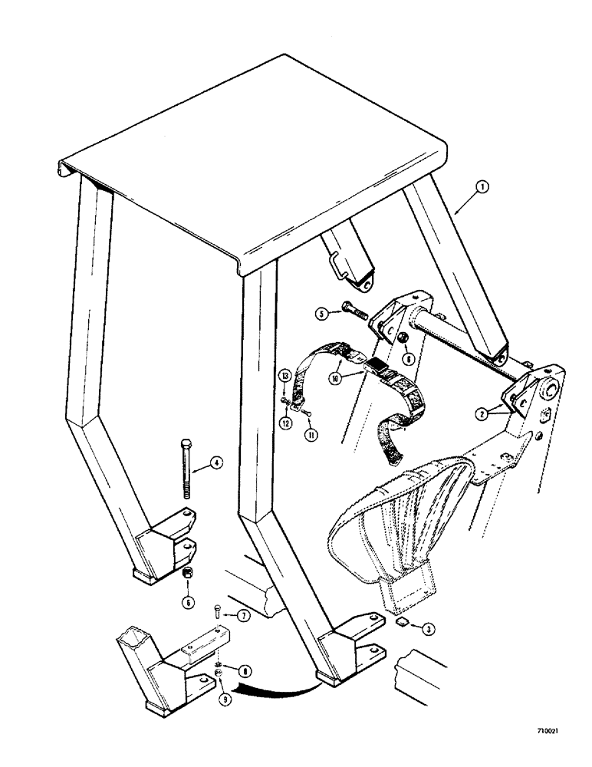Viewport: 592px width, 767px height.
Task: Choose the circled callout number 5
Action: point(324,312)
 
